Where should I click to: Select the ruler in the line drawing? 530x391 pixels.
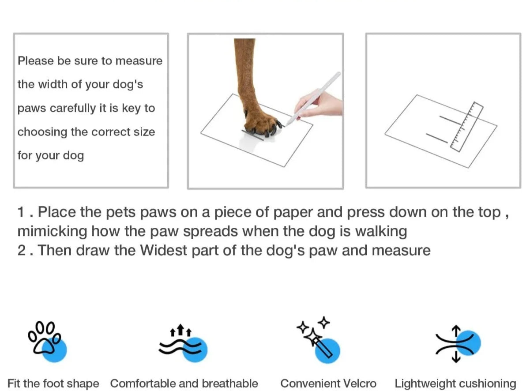[x=466, y=127]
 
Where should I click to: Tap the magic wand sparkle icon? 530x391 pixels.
[x=318, y=340]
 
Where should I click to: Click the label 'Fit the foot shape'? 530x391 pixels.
[x=53, y=383]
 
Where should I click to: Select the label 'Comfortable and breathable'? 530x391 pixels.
[x=184, y=383]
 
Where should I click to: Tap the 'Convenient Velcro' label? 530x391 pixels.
[x=328, y=383]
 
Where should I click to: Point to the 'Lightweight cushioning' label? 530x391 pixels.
[x=455, y=383]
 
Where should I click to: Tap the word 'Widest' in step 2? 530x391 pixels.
[x=163, y=250]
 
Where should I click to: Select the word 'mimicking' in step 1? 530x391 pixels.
[x=52, y=231]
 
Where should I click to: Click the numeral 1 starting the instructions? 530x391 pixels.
[x=21, y=212]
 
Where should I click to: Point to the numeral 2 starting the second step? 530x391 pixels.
[x=22, y=250]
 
